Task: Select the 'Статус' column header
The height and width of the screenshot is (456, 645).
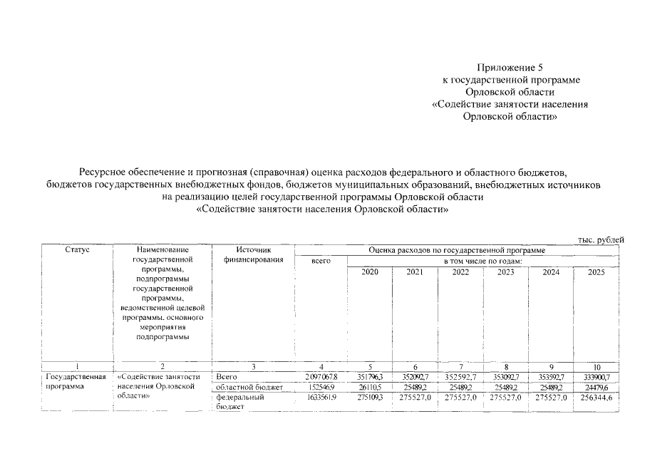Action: coord(77,250)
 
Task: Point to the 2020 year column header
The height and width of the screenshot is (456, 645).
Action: coord(370,272)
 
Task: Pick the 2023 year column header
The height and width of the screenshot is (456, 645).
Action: coord(506,272)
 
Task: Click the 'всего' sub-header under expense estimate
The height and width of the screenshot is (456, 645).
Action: coord(321,261)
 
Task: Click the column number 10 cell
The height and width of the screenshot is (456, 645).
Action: coord(597,366)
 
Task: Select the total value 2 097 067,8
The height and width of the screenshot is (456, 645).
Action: coord(321,376)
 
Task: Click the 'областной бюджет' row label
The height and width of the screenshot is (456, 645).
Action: coord(249,387)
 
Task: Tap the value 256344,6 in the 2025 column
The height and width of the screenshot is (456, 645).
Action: coord(597,398)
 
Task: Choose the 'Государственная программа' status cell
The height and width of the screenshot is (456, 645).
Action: coord(76,381)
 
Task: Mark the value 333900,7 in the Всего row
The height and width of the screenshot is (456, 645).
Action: coord(598,376)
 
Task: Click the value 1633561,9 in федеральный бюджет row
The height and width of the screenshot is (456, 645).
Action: coord(321,398)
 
